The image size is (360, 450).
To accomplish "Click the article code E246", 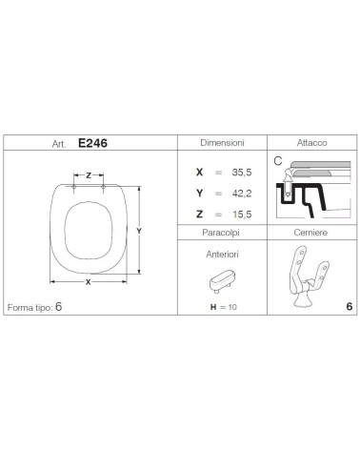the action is tap(92, 143).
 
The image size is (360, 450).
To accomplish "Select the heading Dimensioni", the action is tap(222, 143).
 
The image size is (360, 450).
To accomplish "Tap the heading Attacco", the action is tap(311, 143).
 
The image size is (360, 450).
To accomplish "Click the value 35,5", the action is tap(242, 173).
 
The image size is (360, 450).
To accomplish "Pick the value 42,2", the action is tap(242, 194).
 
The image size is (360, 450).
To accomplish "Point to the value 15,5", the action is tap(242, 215).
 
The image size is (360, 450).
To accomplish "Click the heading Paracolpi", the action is tap(221, 233).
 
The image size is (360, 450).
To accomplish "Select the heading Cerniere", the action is tap(310, 233).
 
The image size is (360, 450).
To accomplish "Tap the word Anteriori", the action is tap(222, 255).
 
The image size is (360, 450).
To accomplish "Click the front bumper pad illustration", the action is tap(222, 281).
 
